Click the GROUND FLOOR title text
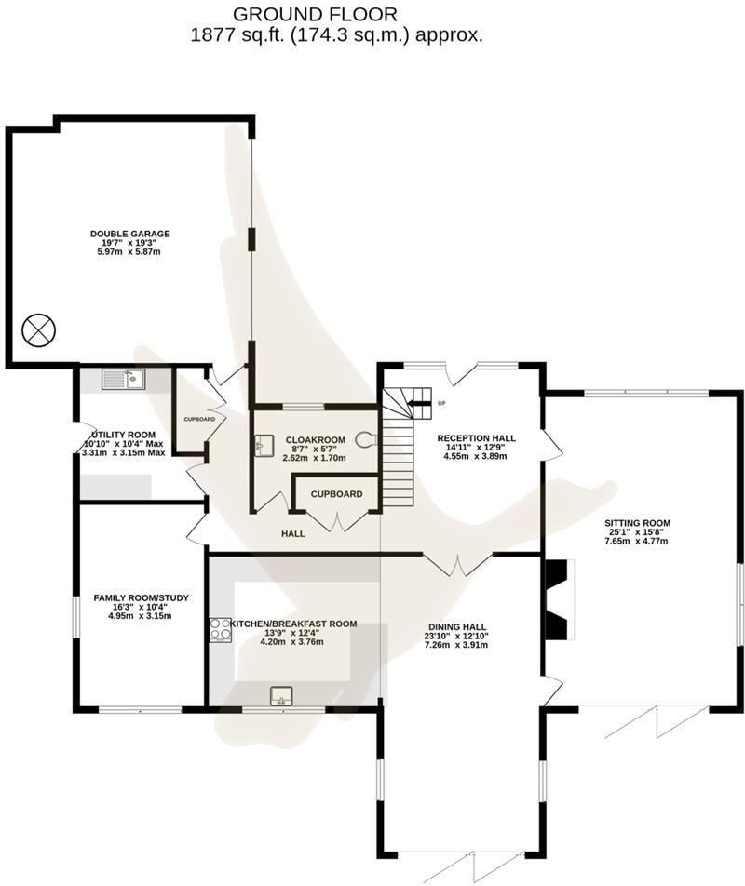[315, 14]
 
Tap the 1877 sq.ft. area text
[336, 36]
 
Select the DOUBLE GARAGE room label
[130, 234]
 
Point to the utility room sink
[123, 379]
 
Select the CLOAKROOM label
[316, 440]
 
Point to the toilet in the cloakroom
[365, 441]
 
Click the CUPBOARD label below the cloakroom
[336, 494]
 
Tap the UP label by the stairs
[441, 404]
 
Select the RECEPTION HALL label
[476, 438]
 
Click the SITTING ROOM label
[638, 523]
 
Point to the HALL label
[293, 534]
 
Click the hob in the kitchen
[222, 630]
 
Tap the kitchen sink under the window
[280, 695]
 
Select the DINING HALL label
[457, 627]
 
